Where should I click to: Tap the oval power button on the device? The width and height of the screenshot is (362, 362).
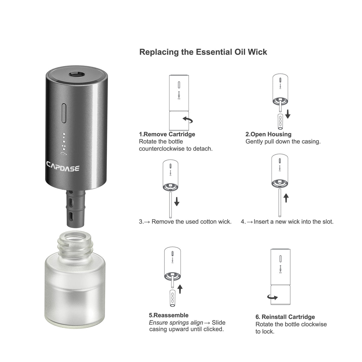pyautogui.click(x=64, y=113)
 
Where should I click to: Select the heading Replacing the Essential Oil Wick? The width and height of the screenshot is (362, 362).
pyautogui.click(x=203, y=52)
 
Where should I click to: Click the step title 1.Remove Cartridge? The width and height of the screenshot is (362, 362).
pyautogui.click(x=167, y=134)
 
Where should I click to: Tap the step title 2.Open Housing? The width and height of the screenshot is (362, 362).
pyautogui.click(x=268, y=134)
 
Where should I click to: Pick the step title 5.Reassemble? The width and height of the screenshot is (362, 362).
pyautogui.click(x=169, y=315)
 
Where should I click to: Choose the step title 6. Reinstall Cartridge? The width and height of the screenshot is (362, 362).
pyautogui.click(x=285, y=317)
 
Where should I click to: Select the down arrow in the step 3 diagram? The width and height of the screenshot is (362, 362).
pyautogui.click(x=177, y=201)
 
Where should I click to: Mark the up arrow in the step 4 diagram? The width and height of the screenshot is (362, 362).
pyautogui.click(x=286, y=198)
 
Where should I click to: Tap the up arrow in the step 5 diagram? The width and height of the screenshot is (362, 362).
pyautogui.click(x=180, y=290)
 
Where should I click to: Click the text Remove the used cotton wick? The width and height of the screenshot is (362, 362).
pyautogui.click(x=191, y=222)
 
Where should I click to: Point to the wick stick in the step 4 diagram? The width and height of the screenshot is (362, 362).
pyautogui.click(x=280, y=203)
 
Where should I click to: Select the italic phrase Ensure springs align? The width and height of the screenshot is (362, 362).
pyautogui.click(x=176, y=322)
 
